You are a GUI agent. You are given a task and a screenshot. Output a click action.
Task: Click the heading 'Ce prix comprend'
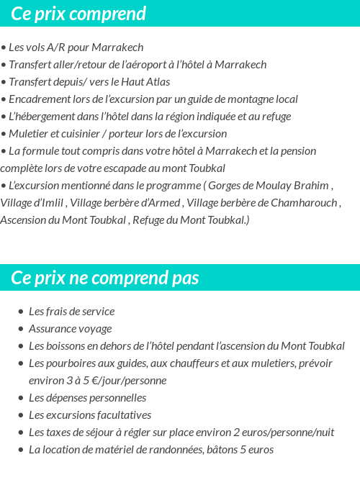(78, 14)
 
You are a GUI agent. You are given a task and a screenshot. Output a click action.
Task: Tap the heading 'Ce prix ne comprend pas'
(105, 278)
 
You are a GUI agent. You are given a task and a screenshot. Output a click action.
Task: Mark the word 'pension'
(297, 151)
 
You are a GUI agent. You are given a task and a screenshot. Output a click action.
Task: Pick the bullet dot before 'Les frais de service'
(21, 312)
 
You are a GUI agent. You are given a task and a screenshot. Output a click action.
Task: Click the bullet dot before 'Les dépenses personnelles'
(21, 399)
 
